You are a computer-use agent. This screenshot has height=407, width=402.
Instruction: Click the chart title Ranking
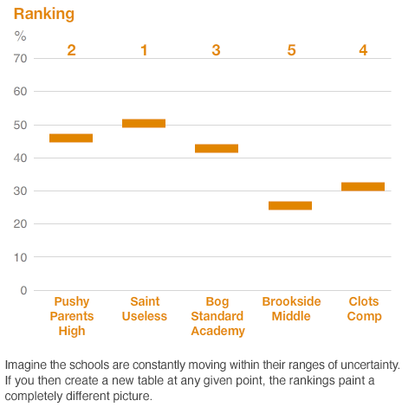coord(43,14)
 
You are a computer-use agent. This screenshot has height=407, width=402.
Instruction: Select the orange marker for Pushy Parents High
coord(71,138)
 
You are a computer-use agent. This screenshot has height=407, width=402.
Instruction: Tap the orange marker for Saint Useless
coord(144,123)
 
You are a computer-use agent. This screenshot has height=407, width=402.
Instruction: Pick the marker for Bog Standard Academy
coord(217,148)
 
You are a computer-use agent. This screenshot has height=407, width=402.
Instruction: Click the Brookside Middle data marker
coord(290,205)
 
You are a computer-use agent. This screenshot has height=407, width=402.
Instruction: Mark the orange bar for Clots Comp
coord(363,186)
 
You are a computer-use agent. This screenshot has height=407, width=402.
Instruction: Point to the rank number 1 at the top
coord(144,50)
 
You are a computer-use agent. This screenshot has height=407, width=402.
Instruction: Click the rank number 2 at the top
coord(71,50)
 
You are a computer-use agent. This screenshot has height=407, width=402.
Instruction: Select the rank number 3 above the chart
coord(217,50)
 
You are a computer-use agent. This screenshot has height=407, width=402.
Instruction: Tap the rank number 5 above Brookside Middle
coord(291,50)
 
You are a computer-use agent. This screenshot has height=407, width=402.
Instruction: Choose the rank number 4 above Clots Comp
coord(363,50)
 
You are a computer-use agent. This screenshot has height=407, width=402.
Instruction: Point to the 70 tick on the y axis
coord(20,58)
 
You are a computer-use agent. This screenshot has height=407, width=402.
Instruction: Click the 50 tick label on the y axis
coord(20,125)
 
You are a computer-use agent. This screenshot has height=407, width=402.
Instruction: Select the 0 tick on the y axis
coord(23,290)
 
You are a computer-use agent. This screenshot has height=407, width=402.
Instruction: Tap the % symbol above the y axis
coord(20,36)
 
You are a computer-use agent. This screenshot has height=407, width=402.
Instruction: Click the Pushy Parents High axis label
coord(71,315)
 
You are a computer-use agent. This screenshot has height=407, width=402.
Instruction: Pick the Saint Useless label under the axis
coord(144,308)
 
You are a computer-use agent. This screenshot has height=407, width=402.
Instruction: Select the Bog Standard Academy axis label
coord(217,315)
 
